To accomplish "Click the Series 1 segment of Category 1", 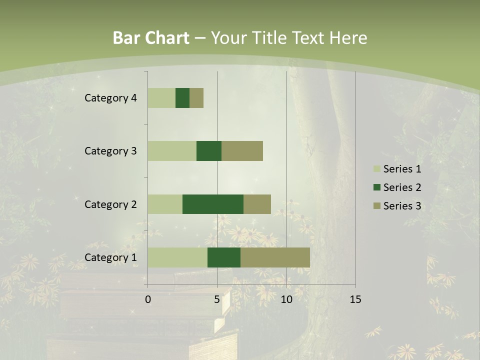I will click(177, 257).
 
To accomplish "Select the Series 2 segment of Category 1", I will click(224, 257).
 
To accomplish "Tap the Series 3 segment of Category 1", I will click(275, 257).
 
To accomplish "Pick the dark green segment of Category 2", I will click(213, 204).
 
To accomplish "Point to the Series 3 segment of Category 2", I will click(257, 204).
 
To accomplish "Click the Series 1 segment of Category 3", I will click(172, 151).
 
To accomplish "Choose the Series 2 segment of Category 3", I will click(209, 151).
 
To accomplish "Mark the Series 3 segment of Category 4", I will click(196, 98).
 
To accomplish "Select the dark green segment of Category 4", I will click(182, 98).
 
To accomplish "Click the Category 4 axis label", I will click(110, 98).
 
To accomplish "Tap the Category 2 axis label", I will click(110, 204).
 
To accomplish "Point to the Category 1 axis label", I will click(110, 257).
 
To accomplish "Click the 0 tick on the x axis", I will click(148, 299).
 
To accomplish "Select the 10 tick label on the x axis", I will click(286, 299).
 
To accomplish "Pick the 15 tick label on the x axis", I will click(355, 299).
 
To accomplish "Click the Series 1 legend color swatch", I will click(376, 169).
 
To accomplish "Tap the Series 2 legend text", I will click(402, 187).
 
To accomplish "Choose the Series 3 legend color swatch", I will click(376, 206).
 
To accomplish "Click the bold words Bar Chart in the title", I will click(151, 38).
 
